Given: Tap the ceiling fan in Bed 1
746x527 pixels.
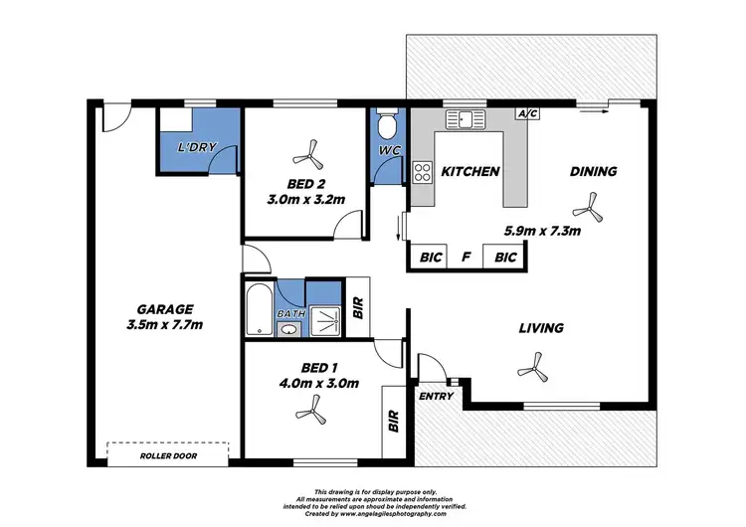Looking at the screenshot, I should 318,406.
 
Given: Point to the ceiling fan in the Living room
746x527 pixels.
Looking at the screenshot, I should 535,371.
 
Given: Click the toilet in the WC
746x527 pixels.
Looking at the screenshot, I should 388,127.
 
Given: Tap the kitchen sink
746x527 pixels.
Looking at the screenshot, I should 466,119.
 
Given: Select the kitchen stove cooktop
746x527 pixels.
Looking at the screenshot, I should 423,171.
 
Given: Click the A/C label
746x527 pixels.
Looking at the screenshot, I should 527,114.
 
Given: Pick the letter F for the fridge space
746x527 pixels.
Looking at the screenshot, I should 465,258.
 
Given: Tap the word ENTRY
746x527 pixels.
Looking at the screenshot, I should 436,397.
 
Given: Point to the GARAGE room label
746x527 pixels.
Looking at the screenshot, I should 166,309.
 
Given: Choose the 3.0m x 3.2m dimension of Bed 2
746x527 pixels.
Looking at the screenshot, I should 305,199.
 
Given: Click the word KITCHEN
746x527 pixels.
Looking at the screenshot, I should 469,172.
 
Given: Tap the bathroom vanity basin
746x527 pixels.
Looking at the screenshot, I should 288,328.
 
